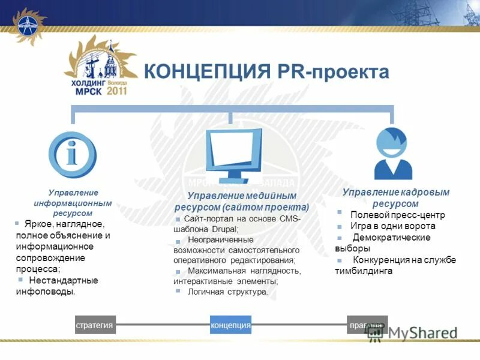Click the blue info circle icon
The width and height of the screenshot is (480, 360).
coord(72,155)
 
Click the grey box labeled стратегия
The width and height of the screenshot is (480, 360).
coord(95,325)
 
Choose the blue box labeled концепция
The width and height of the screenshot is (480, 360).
coord(230,325)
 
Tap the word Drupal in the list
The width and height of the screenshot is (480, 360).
coord(224,229)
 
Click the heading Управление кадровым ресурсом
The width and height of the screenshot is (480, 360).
coord(395,198)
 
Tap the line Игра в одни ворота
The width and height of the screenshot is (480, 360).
coord(393,226)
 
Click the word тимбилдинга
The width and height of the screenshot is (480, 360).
coord(364,271)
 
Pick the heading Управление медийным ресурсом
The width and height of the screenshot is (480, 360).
coord(242,201)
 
